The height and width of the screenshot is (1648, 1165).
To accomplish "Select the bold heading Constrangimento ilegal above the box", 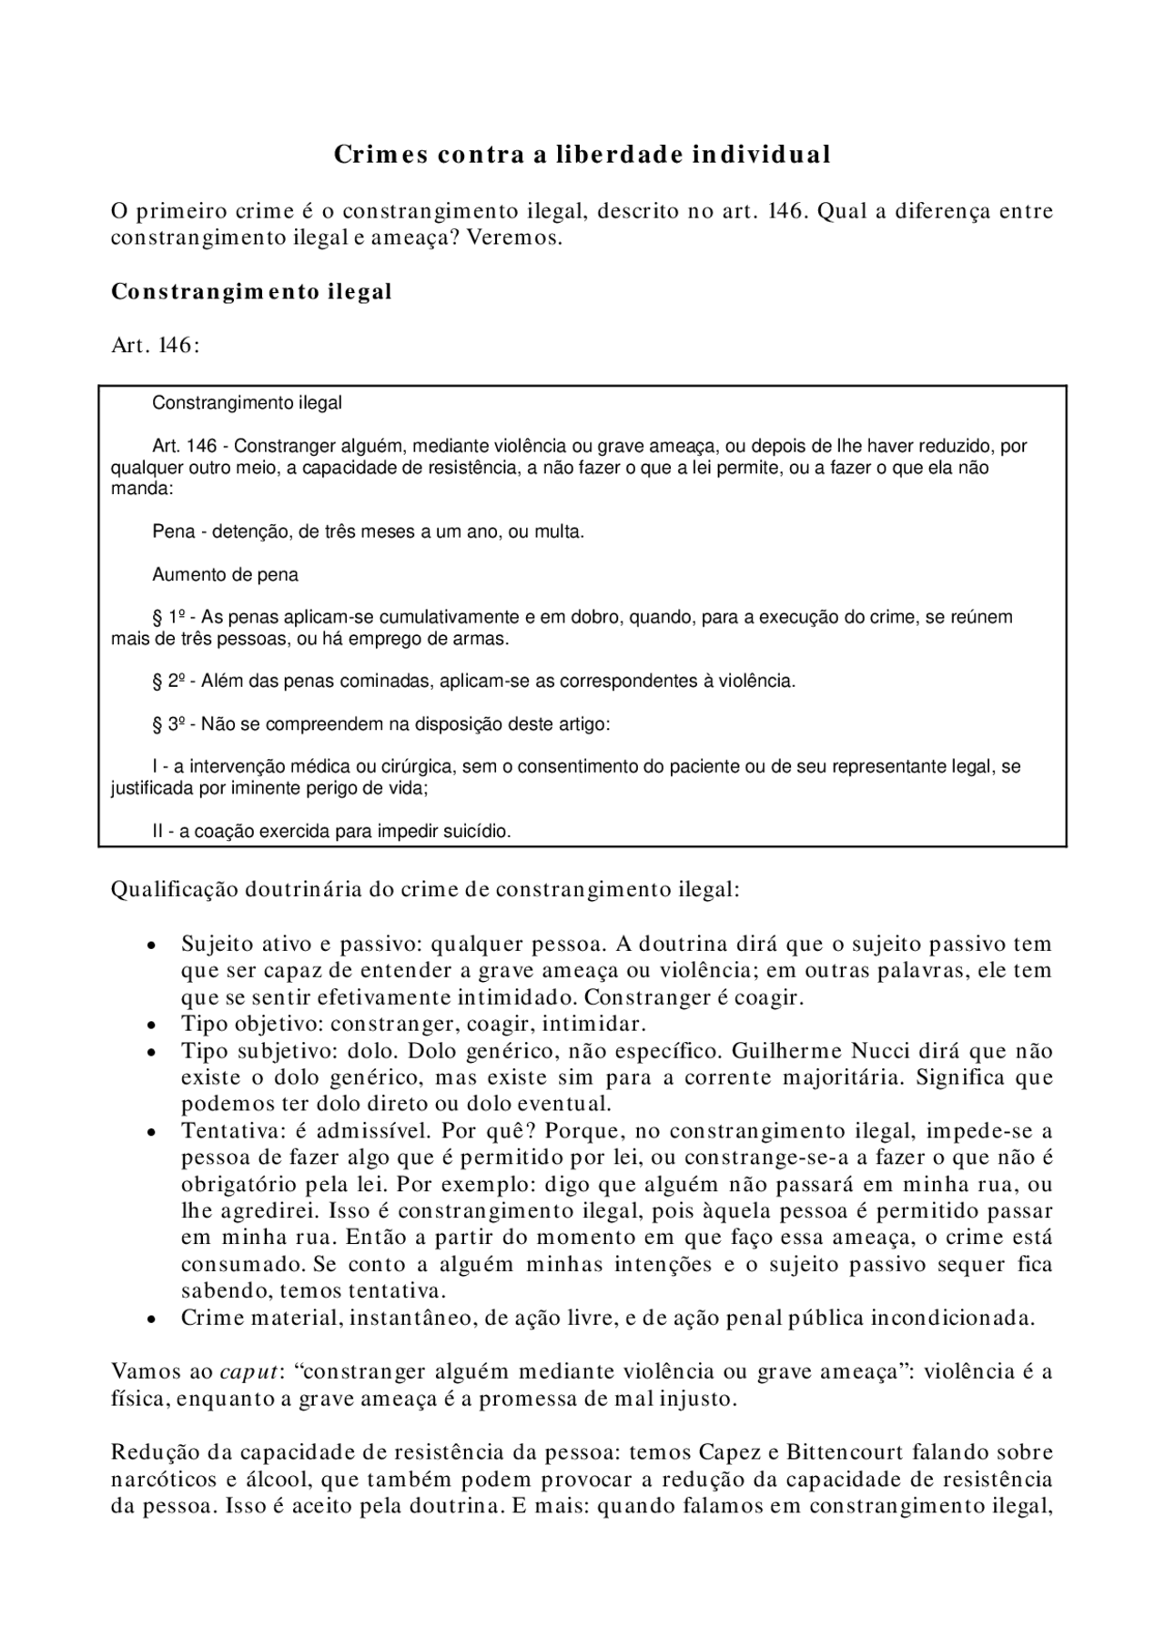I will pyautogui.click(x=251, y=292).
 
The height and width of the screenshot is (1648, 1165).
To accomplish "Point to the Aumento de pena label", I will pyautogui.click(x=225, y=575).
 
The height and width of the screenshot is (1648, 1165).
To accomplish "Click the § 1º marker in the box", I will pyautogui.click(x=168, y=618).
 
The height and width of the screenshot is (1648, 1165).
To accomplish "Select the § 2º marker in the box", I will pyautogui.click(x=168, y=682).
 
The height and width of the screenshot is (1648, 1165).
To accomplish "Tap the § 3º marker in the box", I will pyautogui.click(x=168, y=725).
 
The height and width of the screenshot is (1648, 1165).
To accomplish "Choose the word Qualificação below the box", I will pyautogui.click(x=173, y=889).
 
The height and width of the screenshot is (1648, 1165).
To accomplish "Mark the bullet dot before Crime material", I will pyautogui.click(x=151, y=1319).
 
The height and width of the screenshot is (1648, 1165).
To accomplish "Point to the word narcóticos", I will pyautogui.click(x=161, y=1480).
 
